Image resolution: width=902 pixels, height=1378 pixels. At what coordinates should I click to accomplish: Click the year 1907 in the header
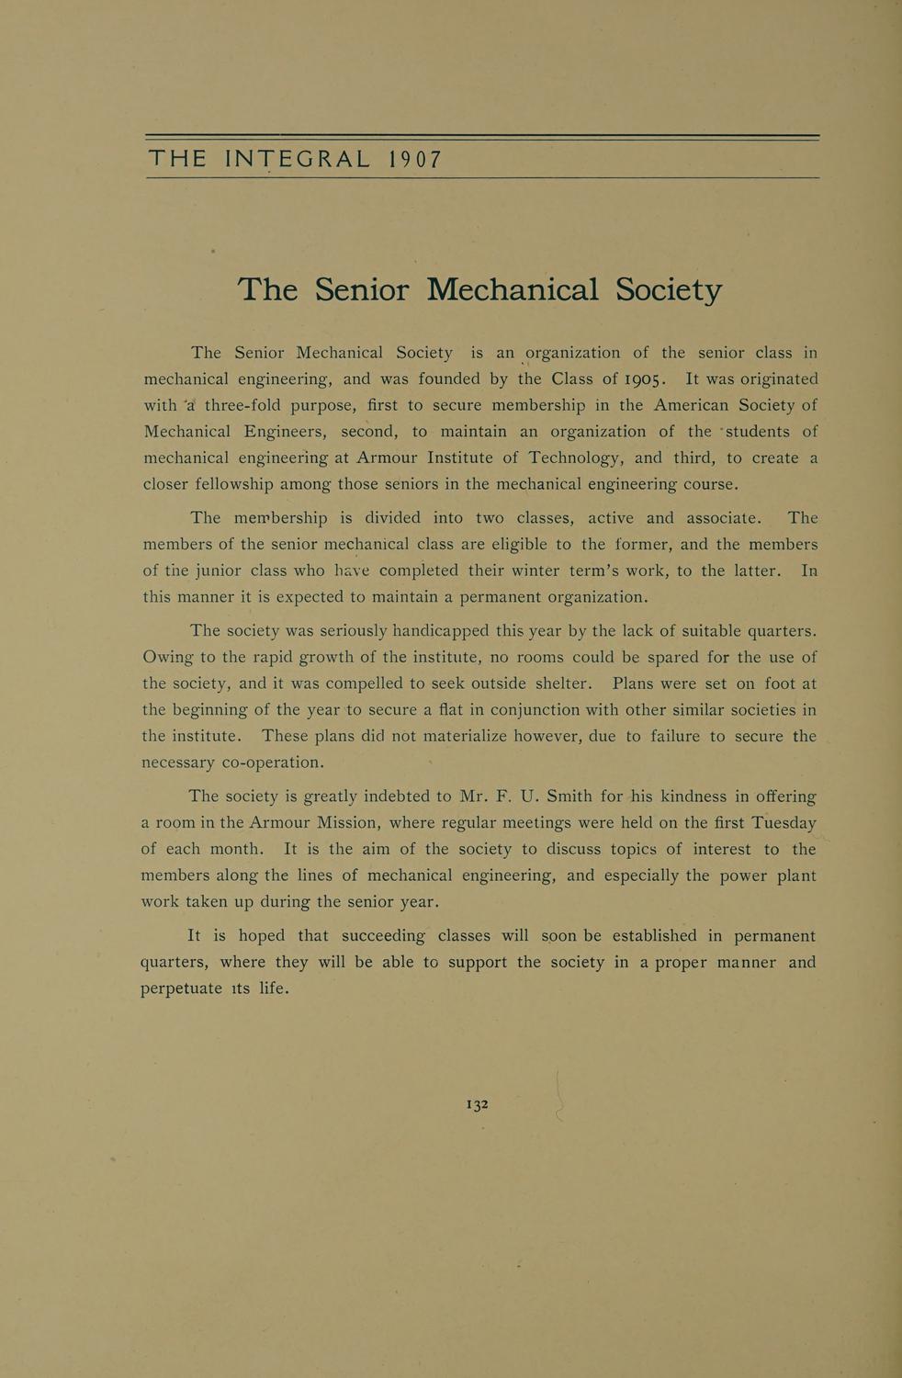pyautogui.click(x=415, y=159)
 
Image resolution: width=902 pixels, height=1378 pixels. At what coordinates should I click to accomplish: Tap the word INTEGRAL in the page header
pyautogui.click(x=298, y=159)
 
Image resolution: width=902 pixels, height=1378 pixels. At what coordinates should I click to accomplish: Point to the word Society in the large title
pyautogui.click(x=669, y=290)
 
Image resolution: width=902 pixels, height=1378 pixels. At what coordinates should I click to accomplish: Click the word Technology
pyautogui.click(x=576, y=457)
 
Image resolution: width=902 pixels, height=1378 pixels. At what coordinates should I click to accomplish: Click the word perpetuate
pyautogui.click(x=181, y=989)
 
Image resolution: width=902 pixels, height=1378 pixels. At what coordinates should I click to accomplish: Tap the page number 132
pyautogui.click(x=478, y=1104)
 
